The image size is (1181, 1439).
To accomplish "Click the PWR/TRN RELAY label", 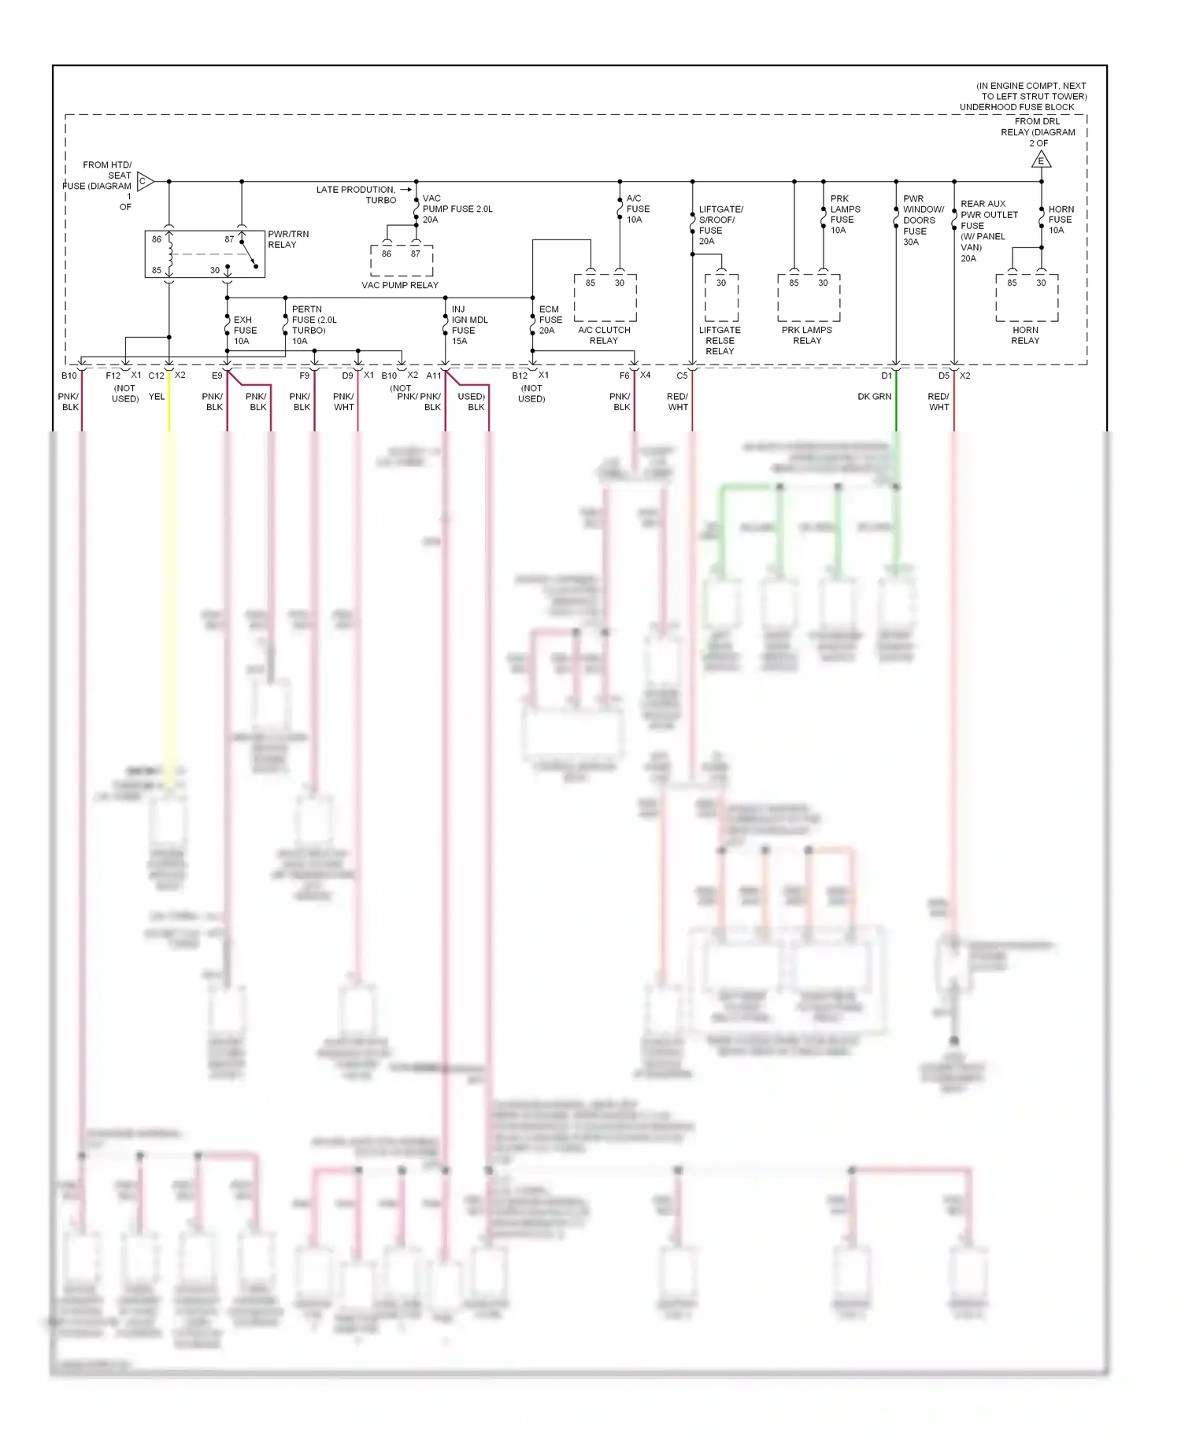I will pyautogui.click(x=287, y=239).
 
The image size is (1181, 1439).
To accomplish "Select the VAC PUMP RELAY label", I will pyautogui.click(x=400, y=285).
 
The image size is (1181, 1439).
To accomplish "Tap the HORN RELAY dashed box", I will pyautogui.click(x=1026, y=298).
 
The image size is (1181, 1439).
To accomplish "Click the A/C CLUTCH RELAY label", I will pyautogui.click(x=604, y=335).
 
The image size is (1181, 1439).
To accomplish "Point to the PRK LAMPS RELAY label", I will pyautogui.click(x=807, y=335).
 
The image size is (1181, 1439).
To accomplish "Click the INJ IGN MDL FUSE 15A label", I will pyautogui.click(x=469, y=325).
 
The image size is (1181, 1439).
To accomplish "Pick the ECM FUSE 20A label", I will pyautogui.click(x=550, y=320).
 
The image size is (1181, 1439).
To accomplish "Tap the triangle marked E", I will pyautogui.click(x=1041, y=160).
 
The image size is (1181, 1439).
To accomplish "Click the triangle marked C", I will pyautogui.click(x=144, y=181).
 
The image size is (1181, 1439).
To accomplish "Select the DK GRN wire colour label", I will pyautogui.click(x=874, y=397).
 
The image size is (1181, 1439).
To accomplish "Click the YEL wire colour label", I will pyautogui.click(x=157, y=397).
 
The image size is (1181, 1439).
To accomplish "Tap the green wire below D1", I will pyautogui.click(x=896, y=409).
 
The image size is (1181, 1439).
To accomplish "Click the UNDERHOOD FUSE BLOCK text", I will pyautogui.click(x=1016, y=107).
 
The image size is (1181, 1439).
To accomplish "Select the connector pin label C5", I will pyautogui.click(x=682, y=375).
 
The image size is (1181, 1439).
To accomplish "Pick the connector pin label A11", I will pyautogui.click(x=434, y=375).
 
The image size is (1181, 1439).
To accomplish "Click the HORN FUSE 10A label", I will pyautogui.click(x=1061, y=220).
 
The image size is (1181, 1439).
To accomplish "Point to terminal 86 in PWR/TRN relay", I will pyautogui.click(x=157, y=239).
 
